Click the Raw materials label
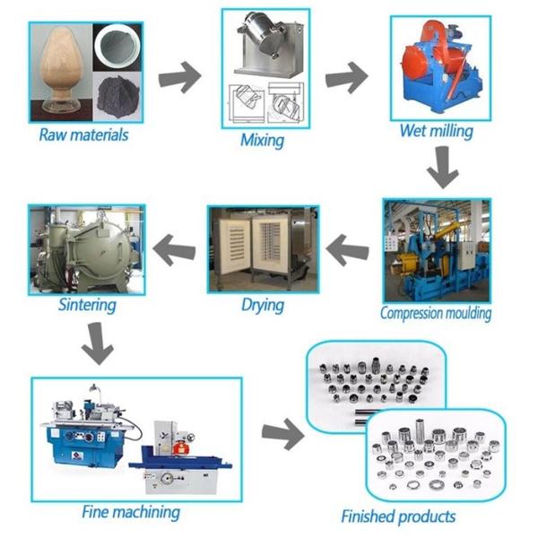[83, 135]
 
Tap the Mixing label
[262, 140]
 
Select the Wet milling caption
[436, 131]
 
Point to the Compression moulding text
[435, 313]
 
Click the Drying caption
[262, 305]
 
